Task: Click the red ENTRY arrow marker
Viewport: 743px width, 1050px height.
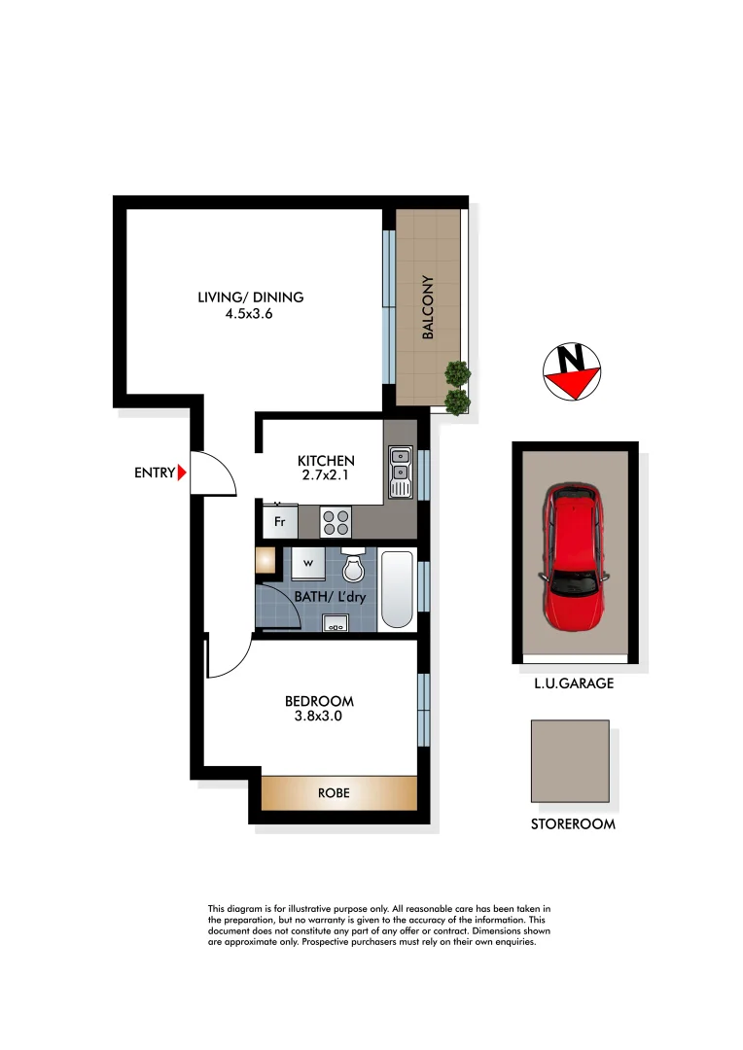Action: [x=183, y=473]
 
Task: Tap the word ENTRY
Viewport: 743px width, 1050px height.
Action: [x=155, y=473]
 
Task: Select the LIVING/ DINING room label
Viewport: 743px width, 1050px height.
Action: [x=251, y=297]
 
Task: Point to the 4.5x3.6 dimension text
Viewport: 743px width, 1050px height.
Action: [x=248, y=314]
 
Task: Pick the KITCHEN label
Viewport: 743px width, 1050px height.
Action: [x=326, y=461]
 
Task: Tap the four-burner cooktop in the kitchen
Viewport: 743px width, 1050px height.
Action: [x=336, y=523]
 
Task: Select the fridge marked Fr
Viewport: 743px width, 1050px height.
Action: [x=280, y=522]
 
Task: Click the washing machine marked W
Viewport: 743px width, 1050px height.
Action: [x=308, y=563]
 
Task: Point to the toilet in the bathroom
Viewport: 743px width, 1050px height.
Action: [x=353, y=564]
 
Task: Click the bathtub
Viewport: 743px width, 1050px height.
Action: [x=397, y=590]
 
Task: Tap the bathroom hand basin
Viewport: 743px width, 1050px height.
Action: [x=336, y=623]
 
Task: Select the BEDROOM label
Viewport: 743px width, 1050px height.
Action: [x=319, y=701]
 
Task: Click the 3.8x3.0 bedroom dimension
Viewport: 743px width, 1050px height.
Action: [x=318, y=717]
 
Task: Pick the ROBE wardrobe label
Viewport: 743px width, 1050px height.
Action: [x=334, y=793]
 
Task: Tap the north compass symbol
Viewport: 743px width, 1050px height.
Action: [x=571, y=371]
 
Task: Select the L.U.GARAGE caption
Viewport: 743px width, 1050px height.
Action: [x=573, y=683]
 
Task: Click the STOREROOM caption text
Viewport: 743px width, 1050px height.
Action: [x=573, y=824]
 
